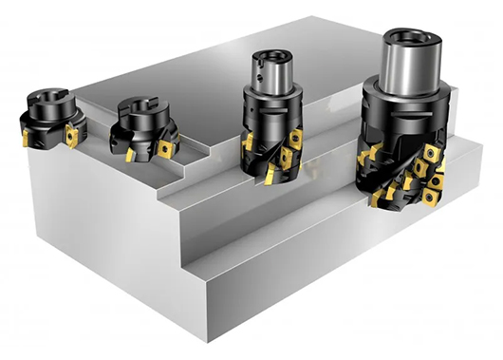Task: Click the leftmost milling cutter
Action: click(x=47, y=120)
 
